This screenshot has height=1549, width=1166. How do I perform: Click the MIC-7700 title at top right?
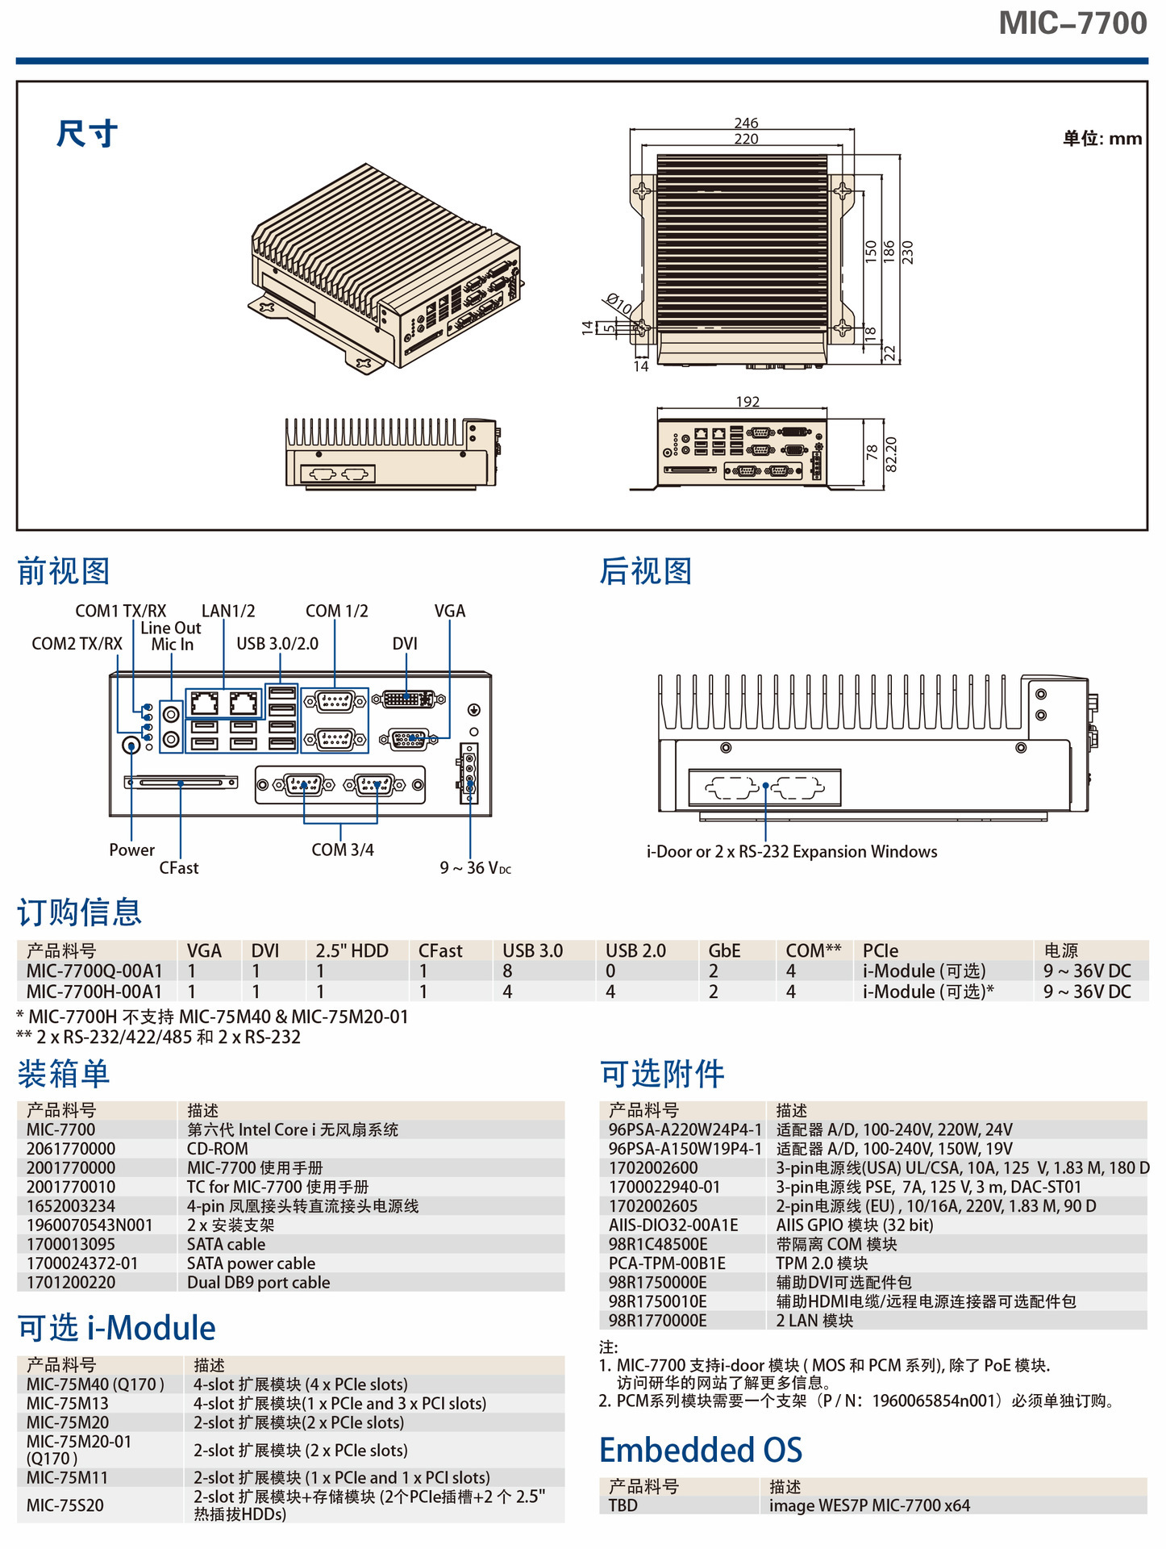(1072, 23)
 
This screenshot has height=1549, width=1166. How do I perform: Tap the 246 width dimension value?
(746, 123)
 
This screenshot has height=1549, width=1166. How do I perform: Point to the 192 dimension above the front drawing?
(747, 402)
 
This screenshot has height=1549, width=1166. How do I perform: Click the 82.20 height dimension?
(891, 453)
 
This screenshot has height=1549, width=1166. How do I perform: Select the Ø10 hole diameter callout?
(619, 304)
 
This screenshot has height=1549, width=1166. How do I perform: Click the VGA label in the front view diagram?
(449, 611)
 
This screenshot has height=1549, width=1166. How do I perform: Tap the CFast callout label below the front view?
(178, 867)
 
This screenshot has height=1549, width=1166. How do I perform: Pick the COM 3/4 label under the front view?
(342, 850)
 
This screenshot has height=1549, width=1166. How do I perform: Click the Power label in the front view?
(131, 850)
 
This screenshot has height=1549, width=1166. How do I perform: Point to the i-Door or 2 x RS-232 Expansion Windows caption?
(791, 851)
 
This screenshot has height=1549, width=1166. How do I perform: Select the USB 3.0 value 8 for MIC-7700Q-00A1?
(507, 971)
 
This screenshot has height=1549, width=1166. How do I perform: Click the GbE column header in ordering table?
(724, 950)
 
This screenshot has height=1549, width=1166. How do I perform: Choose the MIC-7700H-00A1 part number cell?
(94, 991)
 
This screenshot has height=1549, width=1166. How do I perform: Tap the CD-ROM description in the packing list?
(218, 1148)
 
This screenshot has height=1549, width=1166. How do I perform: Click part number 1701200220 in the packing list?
(71, 1282)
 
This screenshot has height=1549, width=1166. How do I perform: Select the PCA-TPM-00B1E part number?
(667, 1263)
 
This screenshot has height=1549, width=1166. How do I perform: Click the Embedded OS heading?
(700, 1450)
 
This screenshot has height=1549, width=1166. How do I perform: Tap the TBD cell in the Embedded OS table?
(623, 1505)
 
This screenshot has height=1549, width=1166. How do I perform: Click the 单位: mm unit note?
(1101, 138)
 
